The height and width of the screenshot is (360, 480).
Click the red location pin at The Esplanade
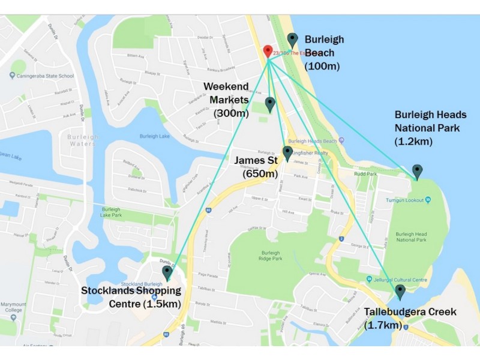(268, 52)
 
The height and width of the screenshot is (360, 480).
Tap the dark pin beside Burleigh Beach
(292, 40)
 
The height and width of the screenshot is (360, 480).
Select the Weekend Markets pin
(270, 104)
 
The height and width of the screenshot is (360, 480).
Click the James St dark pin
(287, 153)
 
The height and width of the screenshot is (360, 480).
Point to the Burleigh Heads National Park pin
(417, 172)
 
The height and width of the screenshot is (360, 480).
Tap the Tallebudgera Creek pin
(400, 292)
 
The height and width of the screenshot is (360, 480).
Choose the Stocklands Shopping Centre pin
(167, 273)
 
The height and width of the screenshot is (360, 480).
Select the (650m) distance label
(260, 174)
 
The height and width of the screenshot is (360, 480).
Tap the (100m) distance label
(322, 66)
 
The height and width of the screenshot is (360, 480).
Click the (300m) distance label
(231, 112)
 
